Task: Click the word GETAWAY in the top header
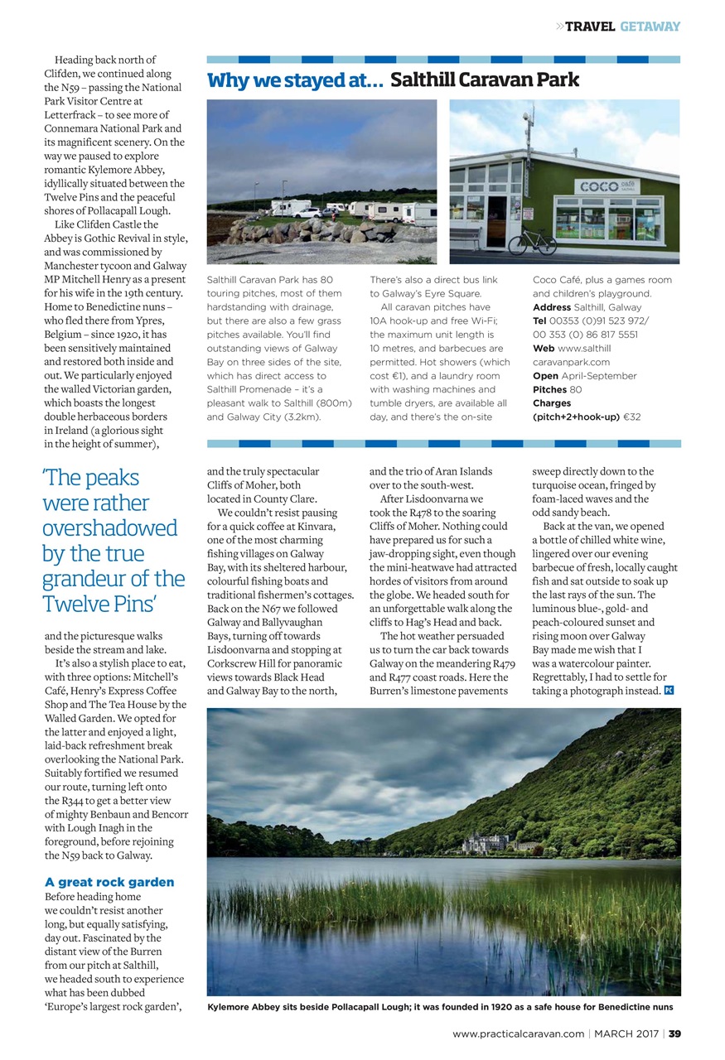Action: (x=650, y=26)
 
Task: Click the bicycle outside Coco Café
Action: (x=531, y=242)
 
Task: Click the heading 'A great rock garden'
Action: (x=109, y=882)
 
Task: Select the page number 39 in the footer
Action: (x=674, y=1033)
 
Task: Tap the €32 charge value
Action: (x=632, y=417)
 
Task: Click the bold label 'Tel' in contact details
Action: (x=540, y=320)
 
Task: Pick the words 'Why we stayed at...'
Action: (x=294, y=80)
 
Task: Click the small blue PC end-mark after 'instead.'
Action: (x=669, y=691)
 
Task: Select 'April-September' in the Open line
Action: (x=599, y=375)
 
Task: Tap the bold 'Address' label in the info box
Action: (x=552, y=307)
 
